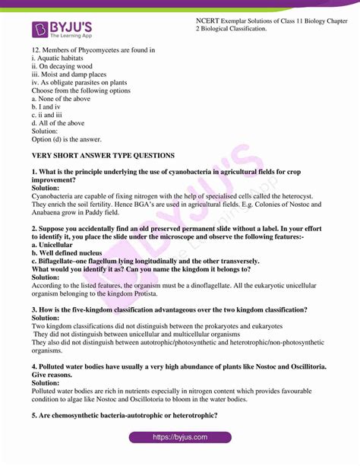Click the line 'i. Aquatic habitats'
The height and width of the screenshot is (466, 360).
click(60, 59)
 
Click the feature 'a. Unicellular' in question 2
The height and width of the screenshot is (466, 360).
click(55, 245)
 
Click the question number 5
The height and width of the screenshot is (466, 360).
click(35, 415)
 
